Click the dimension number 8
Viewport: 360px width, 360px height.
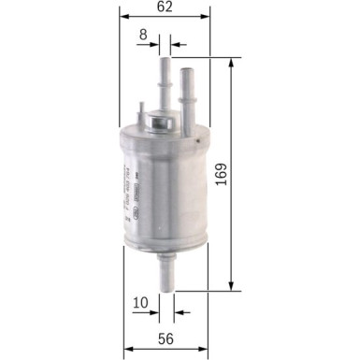tap(143, 35)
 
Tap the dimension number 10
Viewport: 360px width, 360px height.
tap(140, 302)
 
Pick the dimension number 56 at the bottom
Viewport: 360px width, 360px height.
tap(164, 338)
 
